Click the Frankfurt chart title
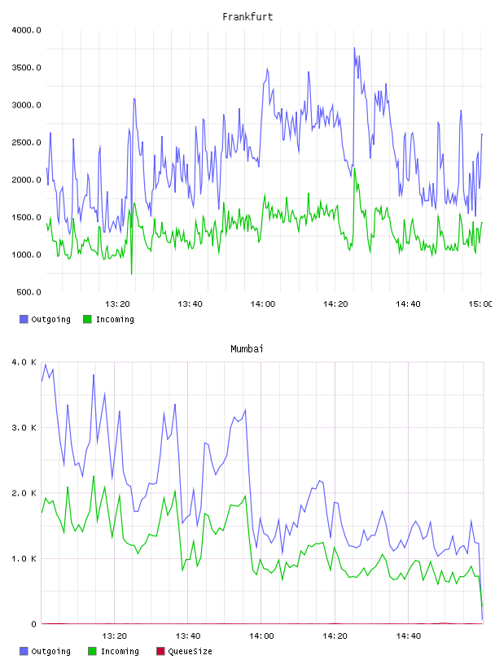(247, 17)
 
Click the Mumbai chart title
(247, 349)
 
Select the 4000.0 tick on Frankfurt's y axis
(26, 30)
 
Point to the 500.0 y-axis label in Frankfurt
(28, 292)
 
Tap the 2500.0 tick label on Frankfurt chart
(26, 142)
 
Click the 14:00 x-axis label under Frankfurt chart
(263, 304)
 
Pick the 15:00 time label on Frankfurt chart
(480, 304)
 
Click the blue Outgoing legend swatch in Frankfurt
(24, 319)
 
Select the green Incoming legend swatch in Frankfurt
(87, 319)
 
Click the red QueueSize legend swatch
(160, 651)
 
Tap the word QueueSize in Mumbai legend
(190, 651)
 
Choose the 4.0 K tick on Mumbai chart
(24, 362)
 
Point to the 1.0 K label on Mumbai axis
(24, 558)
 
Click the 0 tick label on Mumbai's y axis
(34, 624)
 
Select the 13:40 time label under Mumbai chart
(188, 636)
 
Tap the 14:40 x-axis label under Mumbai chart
(408, 636)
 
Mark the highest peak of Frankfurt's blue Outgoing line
(354, 48)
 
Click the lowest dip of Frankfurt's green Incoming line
(131, 273)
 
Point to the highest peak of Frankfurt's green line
(354, 168)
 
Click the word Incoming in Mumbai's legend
(120, 651)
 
